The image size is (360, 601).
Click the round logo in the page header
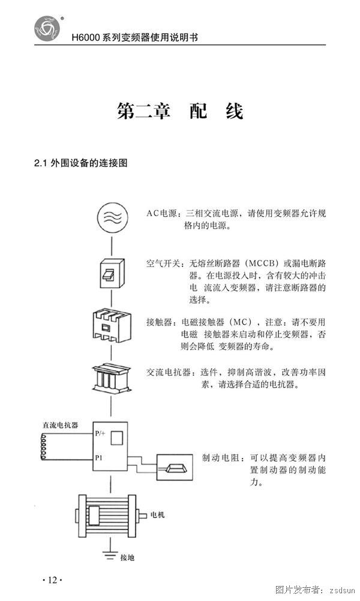click(47, 28)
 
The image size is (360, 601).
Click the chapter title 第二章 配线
click(180, 111)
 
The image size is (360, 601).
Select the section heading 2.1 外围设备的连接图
click(81, 163)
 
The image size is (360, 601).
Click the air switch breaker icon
click(112, 273)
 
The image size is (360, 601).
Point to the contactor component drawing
click(112, 326)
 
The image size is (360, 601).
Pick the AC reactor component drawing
click(112, 378)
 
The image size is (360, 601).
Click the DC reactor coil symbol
click(44, 447)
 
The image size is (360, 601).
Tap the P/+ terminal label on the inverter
click(100, 433)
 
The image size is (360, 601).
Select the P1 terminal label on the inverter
click(98, 458)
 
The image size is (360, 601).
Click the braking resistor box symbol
click(175, 467)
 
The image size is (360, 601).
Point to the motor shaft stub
click(142, 516)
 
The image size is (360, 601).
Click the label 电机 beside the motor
click(157, 515)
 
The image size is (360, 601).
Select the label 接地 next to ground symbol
click(127, 558)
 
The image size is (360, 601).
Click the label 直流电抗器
click(60, 425)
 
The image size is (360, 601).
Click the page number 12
click(52, 580)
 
